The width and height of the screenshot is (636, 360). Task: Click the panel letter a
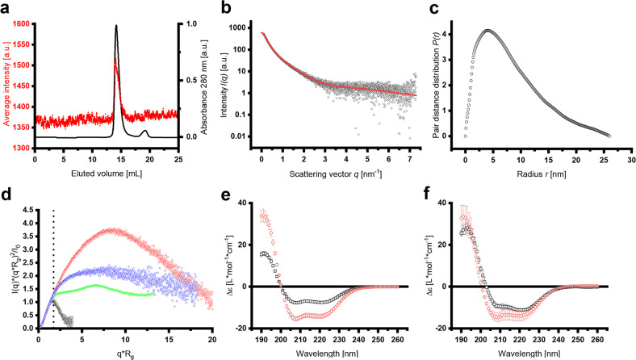tap(6, 7)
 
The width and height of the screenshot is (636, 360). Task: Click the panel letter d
tap(6, 193)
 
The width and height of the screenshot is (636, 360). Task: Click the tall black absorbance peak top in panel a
tap(116, 26)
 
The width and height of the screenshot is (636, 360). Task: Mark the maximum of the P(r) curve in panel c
tap(487, 31)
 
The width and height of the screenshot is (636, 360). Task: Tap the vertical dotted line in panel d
tap(53, 266)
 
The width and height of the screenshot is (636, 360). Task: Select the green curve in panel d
tap(97, 286)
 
